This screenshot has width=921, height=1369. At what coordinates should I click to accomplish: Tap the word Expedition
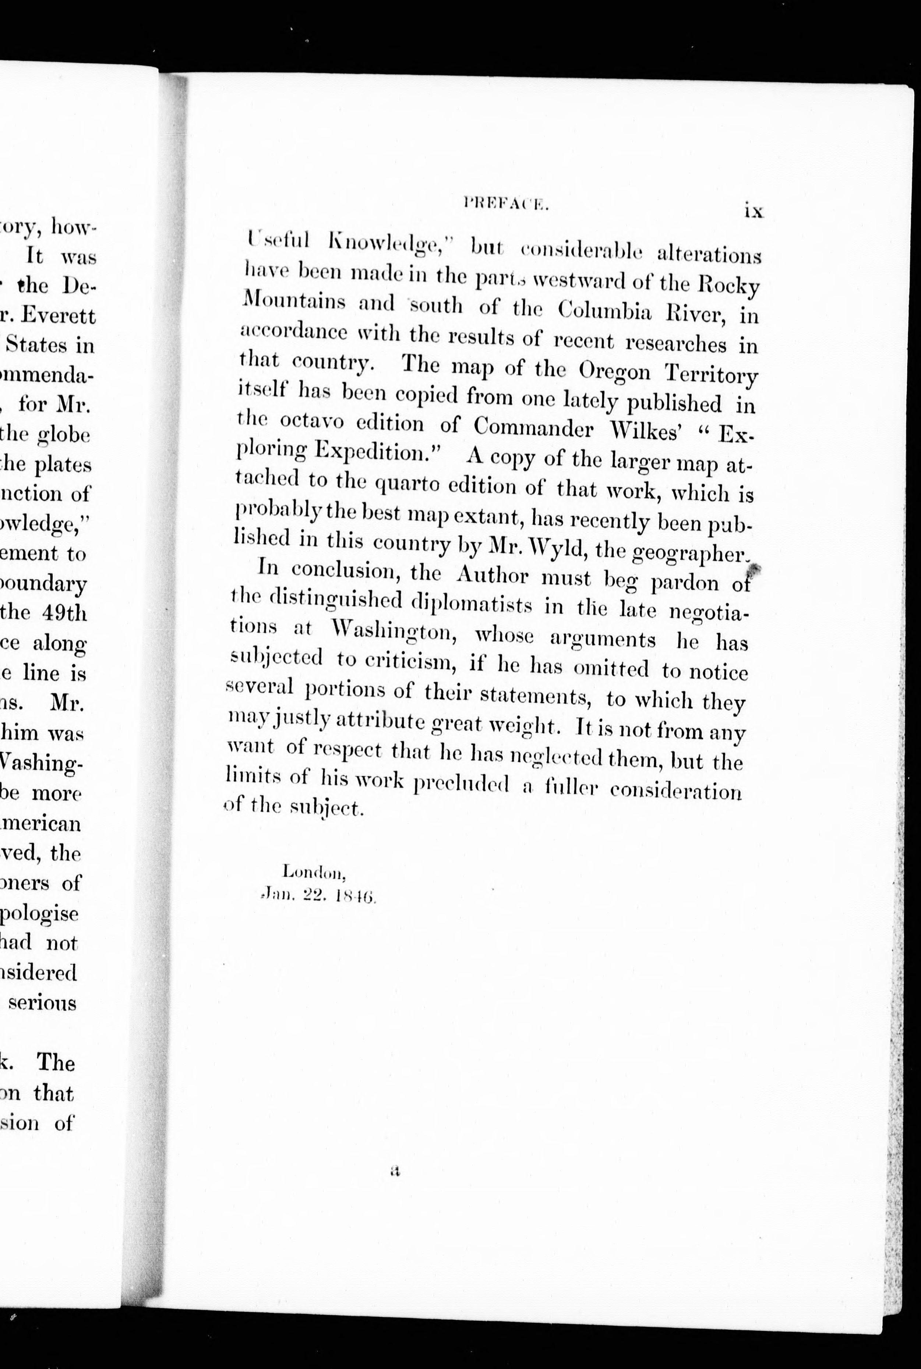(377, 452)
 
